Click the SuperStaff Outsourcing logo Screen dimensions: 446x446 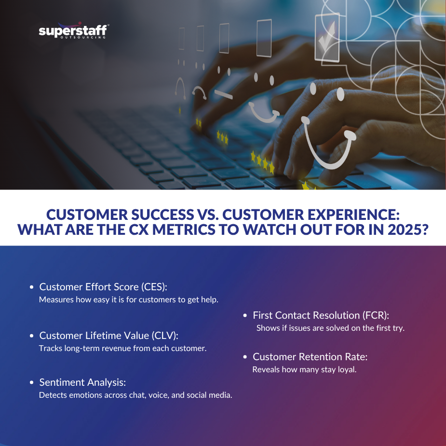73,32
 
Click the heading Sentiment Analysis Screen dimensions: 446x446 82,382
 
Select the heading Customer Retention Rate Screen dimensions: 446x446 310,357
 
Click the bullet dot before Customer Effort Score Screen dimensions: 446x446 32,287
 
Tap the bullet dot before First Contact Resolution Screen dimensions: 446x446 245,316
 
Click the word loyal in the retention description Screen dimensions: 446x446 346,370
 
